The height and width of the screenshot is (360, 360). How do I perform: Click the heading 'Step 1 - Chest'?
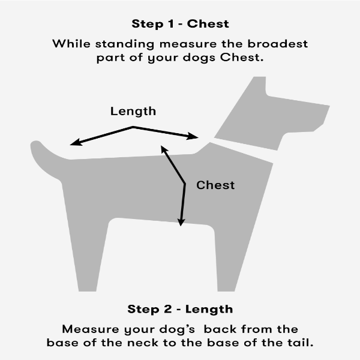[x=180, y=24]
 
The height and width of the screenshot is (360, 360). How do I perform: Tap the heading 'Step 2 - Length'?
[x=180, y=309]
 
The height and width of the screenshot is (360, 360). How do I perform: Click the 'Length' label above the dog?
[x=133, y=112]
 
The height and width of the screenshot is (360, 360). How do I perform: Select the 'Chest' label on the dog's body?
[x=215, y=185]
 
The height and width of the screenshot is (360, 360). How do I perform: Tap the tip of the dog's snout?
[x=329, y=106]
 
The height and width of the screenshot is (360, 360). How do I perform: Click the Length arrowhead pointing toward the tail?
[x=76, y=142]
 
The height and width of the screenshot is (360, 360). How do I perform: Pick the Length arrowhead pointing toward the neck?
[x=193, y=136]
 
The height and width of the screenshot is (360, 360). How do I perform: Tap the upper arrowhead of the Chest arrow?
[x=164, y=149]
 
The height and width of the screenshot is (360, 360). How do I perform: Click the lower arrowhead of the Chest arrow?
[x=181, y=222]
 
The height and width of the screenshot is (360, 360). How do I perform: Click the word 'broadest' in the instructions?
[x=278, y=44]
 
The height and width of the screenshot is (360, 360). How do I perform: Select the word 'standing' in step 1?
[x=125, y=44]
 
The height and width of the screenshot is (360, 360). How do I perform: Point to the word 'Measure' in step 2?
[x=91, y=329]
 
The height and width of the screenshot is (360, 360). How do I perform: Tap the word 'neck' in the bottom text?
[x=143, y=343]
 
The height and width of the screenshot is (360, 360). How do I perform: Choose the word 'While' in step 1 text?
[x=71, y=44]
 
